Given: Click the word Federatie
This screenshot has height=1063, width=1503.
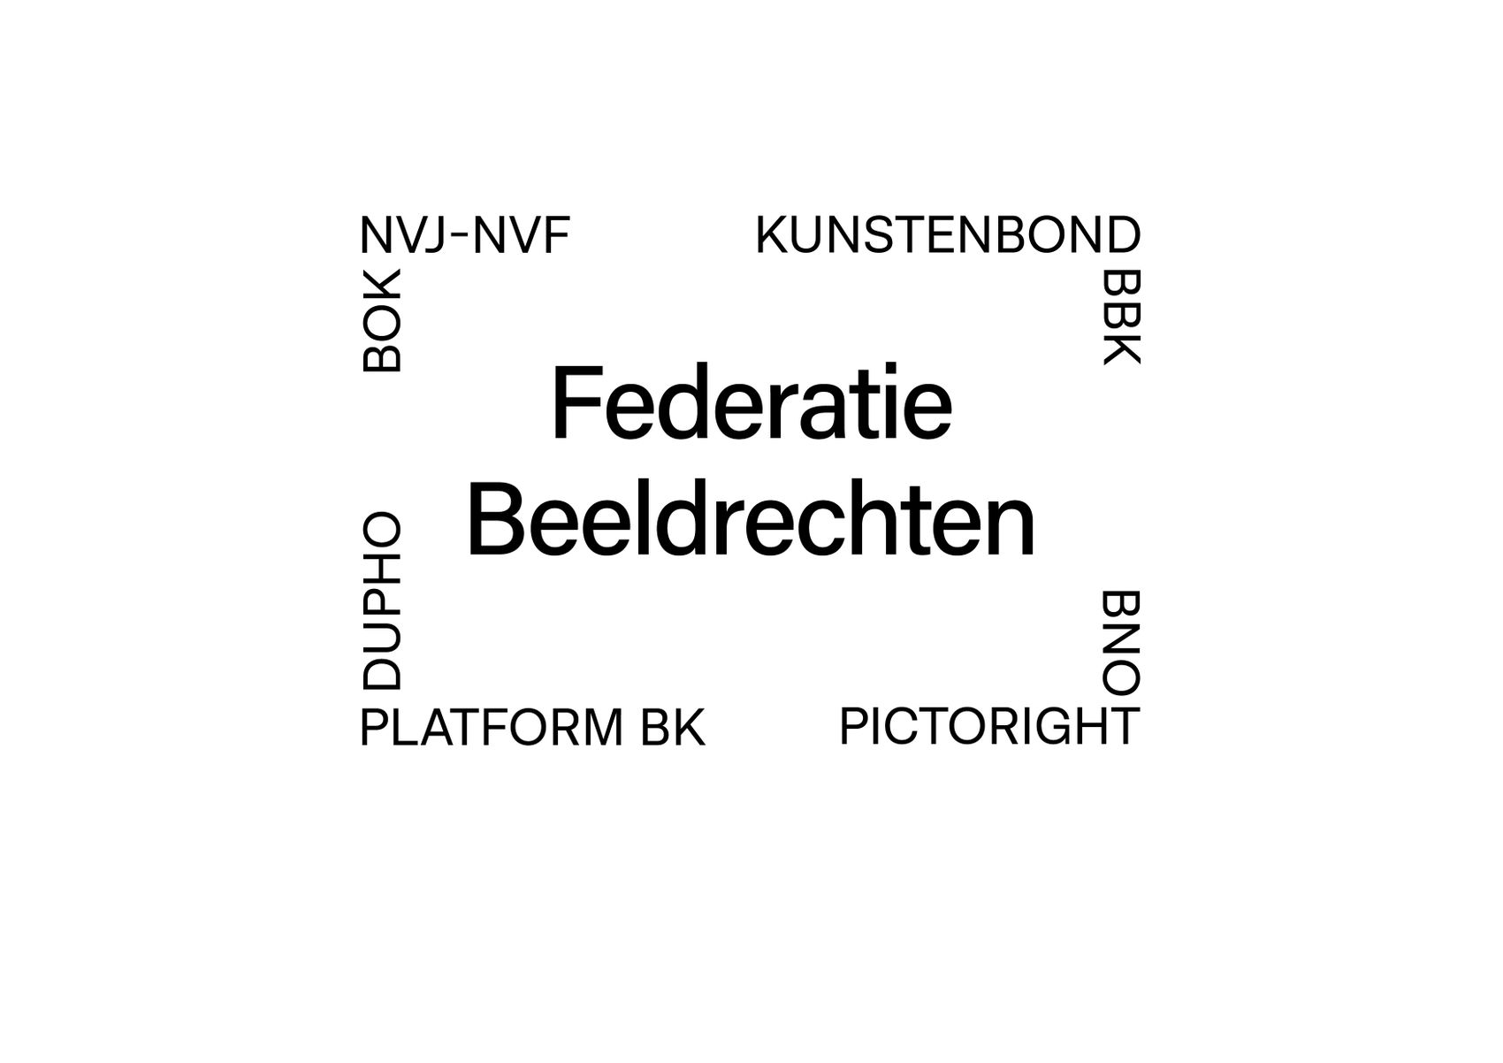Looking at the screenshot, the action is tap(751, 401).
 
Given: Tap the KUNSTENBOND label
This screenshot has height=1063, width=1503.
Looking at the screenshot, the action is tap(948, 235).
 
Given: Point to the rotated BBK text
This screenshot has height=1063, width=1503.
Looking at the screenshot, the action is tap(1121, 317).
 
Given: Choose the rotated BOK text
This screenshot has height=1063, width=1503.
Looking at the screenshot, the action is tap(381, 321).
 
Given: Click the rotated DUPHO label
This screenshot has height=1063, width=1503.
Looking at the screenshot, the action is tap(381, 601).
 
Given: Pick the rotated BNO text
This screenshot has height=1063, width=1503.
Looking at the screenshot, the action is tap(1121, 642).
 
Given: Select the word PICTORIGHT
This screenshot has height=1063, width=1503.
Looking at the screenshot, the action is tap(989, 726).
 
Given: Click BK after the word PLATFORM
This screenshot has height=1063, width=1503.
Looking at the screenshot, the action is tap(673, 728).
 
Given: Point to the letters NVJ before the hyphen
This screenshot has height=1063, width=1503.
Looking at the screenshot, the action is tap(403, 235).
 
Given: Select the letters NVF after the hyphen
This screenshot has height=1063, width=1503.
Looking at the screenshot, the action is tap(522, 235).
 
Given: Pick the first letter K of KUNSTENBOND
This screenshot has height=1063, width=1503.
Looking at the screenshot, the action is tap(772, 235).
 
